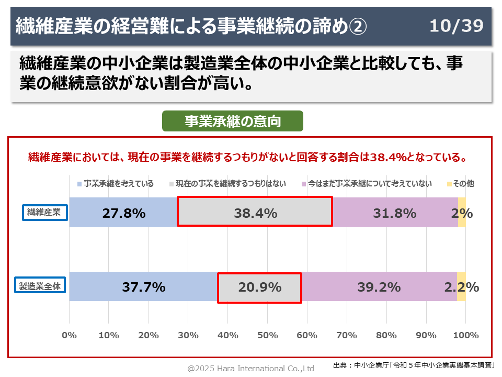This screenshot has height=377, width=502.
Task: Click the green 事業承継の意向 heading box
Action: tap(233, 121)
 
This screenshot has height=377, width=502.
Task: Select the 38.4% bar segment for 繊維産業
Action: tap(255, 212)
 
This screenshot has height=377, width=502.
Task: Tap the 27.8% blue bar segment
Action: tap(123, 213)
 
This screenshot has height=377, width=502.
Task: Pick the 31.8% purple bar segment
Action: tap(395, 213)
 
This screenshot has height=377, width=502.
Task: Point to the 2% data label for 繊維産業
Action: tap(462, 213)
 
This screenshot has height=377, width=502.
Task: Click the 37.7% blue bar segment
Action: tap(143, 287)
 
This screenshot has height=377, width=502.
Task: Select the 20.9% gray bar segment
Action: tap(259, 287)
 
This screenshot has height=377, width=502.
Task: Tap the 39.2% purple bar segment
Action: tap(379, 287)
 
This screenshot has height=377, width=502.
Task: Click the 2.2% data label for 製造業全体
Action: tap(461, 287)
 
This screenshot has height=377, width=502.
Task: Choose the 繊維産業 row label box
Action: tap(44, 212)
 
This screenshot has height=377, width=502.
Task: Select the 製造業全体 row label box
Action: tap(40, 286)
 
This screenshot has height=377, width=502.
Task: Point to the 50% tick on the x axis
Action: tap(267, 335)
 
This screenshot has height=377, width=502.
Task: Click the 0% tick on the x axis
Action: tap(69, 335)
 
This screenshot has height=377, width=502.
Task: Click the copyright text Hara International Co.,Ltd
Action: tap(251, 369)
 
